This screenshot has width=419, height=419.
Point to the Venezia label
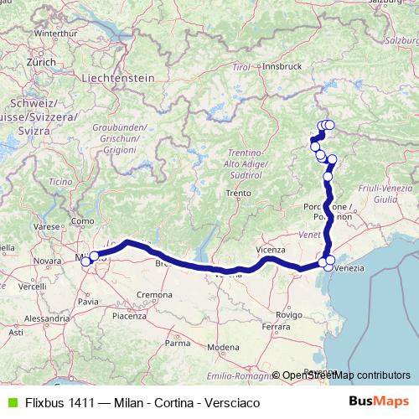(x=351, y=268)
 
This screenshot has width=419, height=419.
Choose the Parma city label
(x=178, y=343)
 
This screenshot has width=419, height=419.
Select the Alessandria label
(x=47, y=319)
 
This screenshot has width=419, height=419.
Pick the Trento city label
(x=238, y=193)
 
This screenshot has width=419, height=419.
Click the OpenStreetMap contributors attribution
(x=345, y=375)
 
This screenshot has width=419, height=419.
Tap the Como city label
(x=83, y=220)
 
